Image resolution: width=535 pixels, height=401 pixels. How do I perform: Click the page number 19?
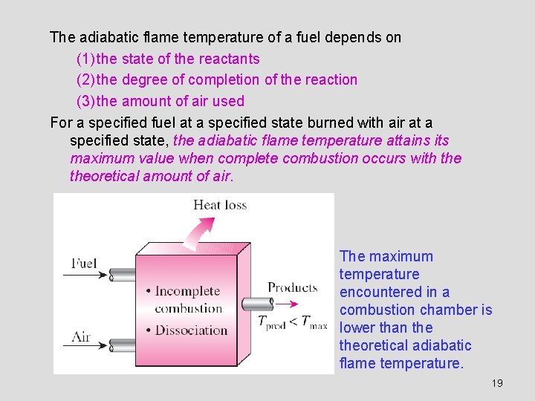pos(497,383)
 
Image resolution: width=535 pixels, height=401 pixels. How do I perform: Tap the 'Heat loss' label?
pos(220,205)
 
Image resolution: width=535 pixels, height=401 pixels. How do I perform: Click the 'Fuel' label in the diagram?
pos(83,264)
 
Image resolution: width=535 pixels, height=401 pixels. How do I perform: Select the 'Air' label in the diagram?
pos(81,337)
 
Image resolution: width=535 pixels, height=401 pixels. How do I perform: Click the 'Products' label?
pos(292,287)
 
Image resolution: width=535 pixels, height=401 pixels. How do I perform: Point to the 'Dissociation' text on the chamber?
pos(191,330)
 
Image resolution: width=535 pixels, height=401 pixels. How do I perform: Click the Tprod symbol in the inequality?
pos(271,322)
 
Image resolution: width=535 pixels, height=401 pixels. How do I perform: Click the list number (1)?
pos(85,59)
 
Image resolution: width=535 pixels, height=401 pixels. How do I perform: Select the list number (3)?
pos(85,101)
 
